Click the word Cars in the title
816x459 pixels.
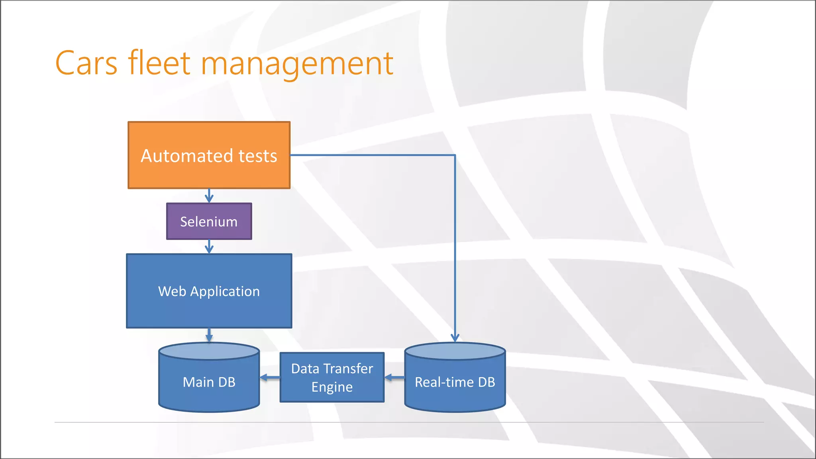point(86,64)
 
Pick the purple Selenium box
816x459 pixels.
point(209,222)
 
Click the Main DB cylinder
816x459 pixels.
point(209,382)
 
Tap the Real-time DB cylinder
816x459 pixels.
point(455,382)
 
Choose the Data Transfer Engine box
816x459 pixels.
point(332,377)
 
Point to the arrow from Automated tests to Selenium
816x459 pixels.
point(209,196)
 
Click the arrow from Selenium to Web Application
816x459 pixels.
point(209,247)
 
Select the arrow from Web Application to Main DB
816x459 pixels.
point(209,335)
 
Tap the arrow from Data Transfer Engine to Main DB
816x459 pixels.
point(270,377)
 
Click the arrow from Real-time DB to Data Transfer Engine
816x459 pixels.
point(394,377)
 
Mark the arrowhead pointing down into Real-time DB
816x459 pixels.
point(455,338)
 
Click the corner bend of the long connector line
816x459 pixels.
point(455,155)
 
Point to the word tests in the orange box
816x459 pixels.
point(257,156)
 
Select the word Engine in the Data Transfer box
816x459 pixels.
point(332,387)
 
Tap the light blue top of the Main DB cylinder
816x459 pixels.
point(209,351)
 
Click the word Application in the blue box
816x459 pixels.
point(225,292)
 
